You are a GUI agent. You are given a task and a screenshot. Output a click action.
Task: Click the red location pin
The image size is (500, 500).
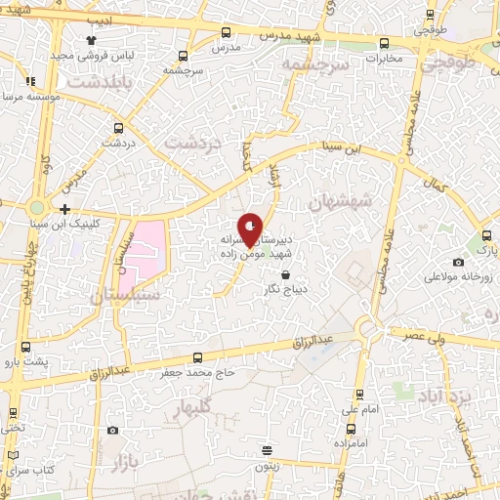point(251,228)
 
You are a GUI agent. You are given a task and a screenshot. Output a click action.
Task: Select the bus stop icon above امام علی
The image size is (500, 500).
point(359,395)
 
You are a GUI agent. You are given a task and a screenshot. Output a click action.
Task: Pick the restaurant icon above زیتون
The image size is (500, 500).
point(267,450)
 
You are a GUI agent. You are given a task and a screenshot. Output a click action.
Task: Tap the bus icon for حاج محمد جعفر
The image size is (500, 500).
point(198,357)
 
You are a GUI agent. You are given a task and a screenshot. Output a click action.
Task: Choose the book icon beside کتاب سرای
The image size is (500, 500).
point(13,456)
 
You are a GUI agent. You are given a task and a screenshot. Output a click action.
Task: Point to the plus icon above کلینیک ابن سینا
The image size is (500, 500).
point(64,209)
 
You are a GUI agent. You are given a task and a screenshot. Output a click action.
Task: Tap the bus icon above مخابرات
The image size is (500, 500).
point(383,43)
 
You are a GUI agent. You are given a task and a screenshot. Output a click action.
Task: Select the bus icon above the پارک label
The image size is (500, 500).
point(485,235)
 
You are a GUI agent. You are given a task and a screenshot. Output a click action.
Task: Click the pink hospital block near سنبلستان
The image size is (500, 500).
point(143,247)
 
